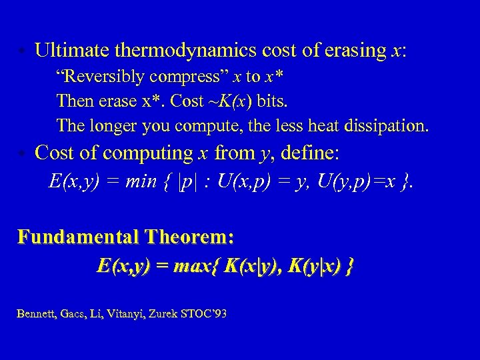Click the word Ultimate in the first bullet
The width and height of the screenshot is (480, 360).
point(72,50)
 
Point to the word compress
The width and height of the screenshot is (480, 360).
point(181,77)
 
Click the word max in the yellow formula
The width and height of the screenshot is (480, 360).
point(197,267)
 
